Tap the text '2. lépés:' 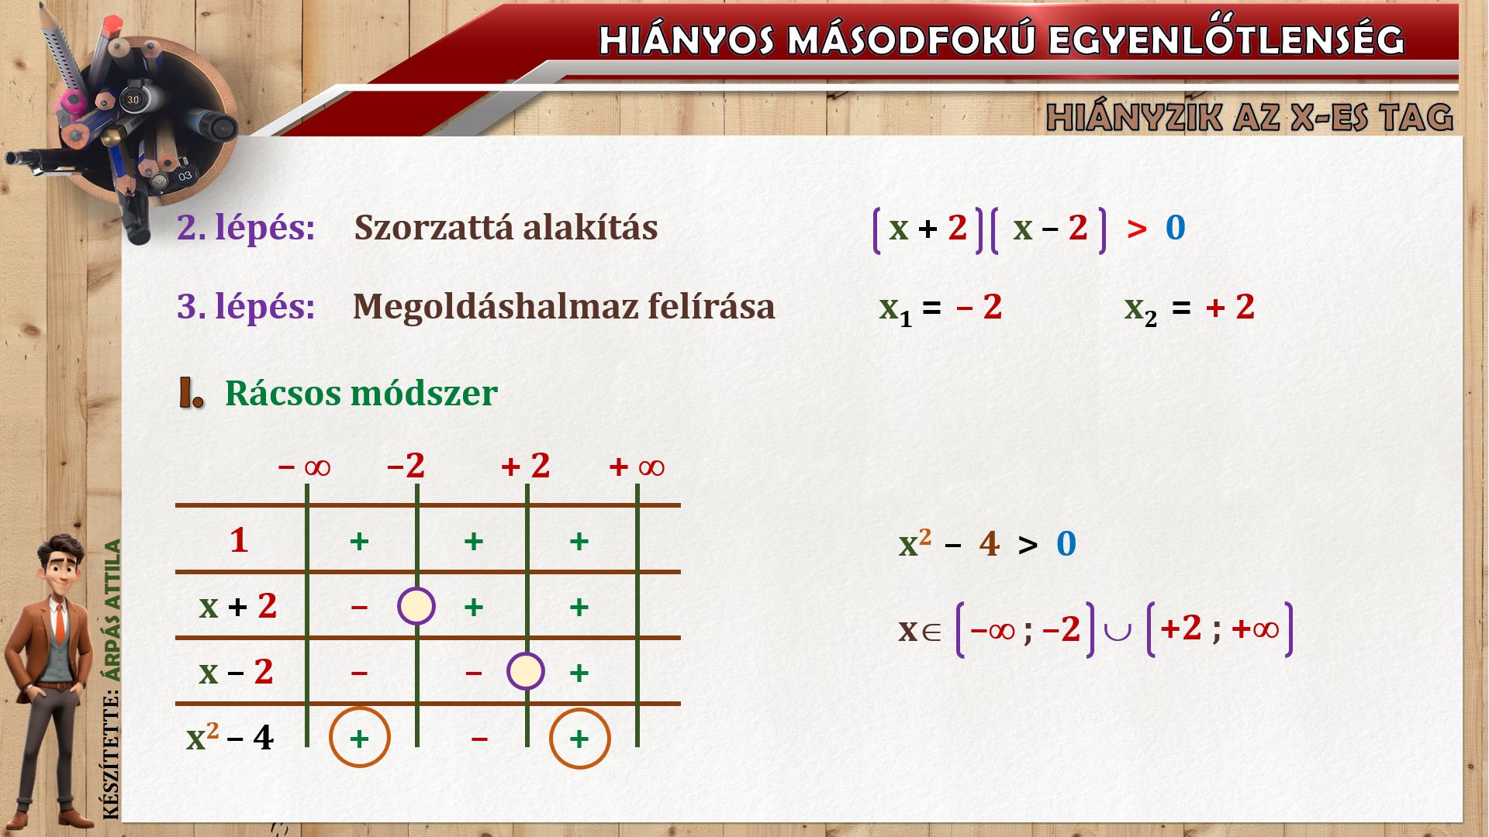pos(246,228)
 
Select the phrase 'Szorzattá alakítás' pos(506,228)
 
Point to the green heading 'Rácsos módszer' pos(361,393)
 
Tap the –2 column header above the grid pos(406,466)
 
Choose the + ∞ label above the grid pos(637,467)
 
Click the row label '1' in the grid pos(239,539)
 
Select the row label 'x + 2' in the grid pos(237,605)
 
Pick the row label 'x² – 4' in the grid pos(230,737)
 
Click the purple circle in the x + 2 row pos(416,588)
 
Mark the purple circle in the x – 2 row pos(526,653)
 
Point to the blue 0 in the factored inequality pos(1176,228)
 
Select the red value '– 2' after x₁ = pos(979,308)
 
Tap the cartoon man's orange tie pos(60,624)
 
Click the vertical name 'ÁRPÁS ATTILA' pos(113,610)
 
